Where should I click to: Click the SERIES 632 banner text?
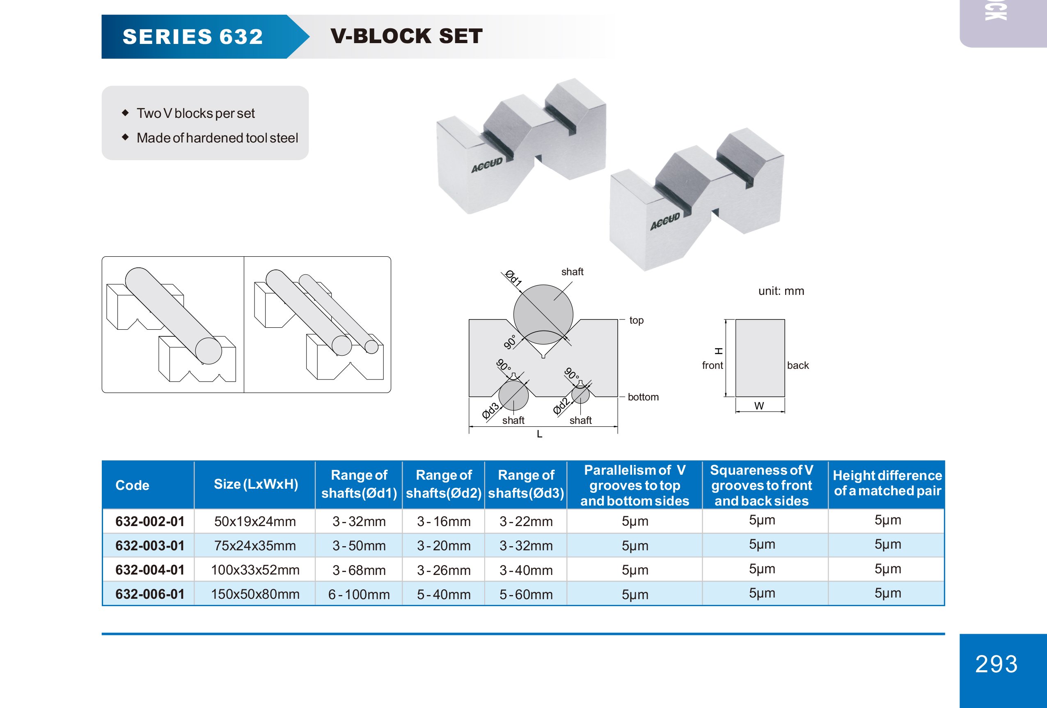pos(193,37)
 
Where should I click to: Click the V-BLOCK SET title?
pos(406,36)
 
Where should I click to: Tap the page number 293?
pos(996,664)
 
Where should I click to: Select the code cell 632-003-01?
pos(150,546)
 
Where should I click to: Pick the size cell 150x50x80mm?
pos(255,594)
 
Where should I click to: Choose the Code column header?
pos(132,485)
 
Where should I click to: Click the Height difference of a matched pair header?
pos(887,483)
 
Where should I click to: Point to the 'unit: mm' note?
pos(781,291)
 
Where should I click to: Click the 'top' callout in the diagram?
pos(636,320)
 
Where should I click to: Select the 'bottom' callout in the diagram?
pos(643,397)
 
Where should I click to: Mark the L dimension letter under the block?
pos(539,434)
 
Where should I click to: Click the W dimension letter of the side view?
pos(759,406)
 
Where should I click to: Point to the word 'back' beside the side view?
pos(798,365)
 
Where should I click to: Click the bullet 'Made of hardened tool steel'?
pos(217,138)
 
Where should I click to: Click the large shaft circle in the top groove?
pos(543,314)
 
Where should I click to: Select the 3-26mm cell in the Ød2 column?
pos(444,570)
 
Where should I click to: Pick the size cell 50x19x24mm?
pos(255,522)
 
